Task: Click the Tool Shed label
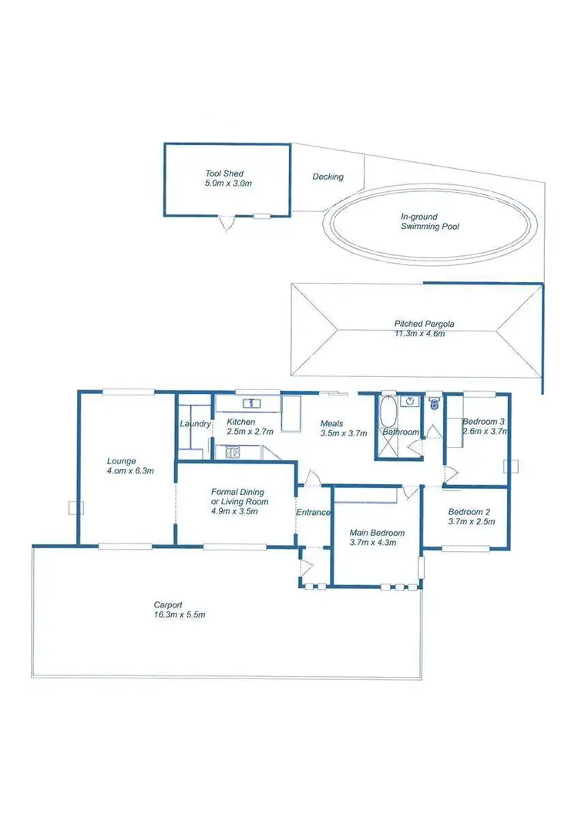[224, 173]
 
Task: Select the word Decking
[328, 177]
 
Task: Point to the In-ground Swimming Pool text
[430, 222]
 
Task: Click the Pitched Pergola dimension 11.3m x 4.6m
[419, 334]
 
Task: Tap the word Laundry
[194, 423]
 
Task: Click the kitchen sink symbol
[250, 402]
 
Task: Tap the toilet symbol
[434, 402]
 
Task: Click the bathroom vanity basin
[412, 400]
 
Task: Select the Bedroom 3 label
[484, 422]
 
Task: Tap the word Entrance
[314, 512]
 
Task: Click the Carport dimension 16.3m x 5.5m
[179, 614]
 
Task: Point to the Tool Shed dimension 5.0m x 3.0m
[228, 184]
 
